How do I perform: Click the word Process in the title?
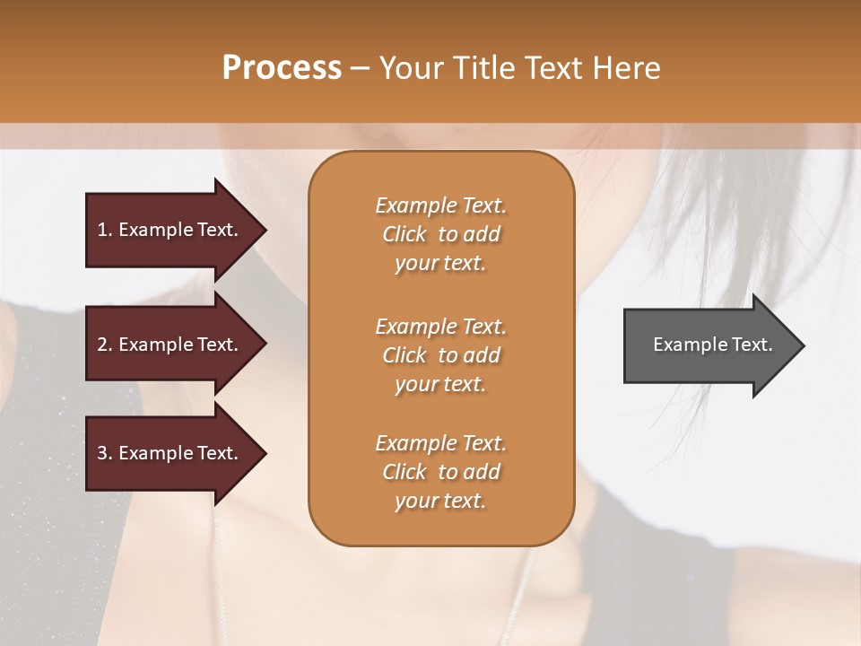[282, 68]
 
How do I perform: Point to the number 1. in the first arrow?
[104, 230]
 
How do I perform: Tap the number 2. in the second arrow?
[104, 345]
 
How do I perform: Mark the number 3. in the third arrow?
[104, 453]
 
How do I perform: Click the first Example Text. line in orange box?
[440, 205]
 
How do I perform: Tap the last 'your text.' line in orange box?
[440, 501]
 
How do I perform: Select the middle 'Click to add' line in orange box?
[440, 355]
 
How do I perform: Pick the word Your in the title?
[409, 68]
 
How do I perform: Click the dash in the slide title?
[360, 68]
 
